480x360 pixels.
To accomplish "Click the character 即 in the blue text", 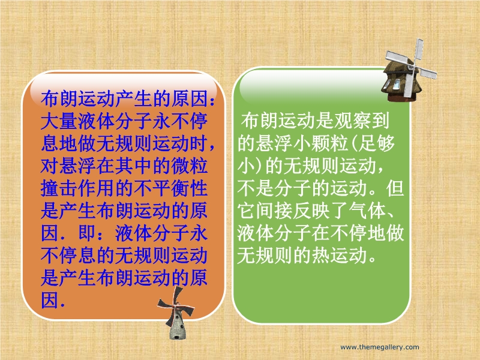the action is pyautogui.click(x=87, y=233).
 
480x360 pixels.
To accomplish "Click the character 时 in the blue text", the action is pyautogui.click(x=199, y=143).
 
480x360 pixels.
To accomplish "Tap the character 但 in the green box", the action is pyautogui.click(x=395, y=188).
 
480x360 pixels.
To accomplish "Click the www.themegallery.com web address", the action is pyautogui.click(x=380, y=347).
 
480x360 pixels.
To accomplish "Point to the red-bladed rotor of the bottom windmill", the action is pyautogui.click(x=175, y=305).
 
